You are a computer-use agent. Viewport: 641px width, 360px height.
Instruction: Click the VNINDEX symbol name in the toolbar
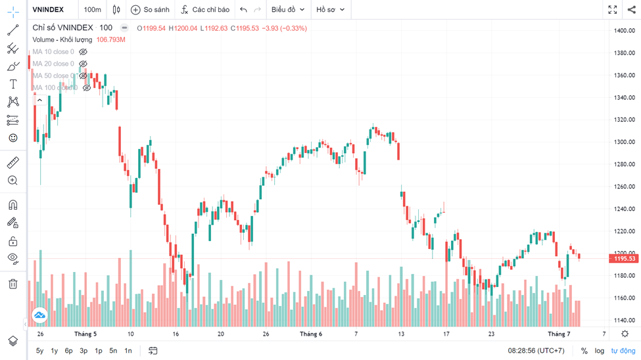[x=48, y=10]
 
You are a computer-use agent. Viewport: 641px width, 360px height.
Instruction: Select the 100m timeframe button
[x=93, y=10]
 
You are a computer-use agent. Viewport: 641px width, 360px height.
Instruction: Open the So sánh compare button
[x=150, y=10]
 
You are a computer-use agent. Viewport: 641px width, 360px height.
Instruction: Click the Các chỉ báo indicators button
[x=205, y=10]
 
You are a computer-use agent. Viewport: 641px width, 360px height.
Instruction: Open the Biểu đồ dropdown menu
[x=288, y=10]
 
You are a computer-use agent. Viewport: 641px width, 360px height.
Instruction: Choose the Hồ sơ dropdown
[x=330, y=10]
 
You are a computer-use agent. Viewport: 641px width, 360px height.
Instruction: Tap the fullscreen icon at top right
[x=612, y=10]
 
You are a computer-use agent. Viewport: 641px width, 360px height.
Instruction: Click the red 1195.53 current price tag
[x=625, y=259]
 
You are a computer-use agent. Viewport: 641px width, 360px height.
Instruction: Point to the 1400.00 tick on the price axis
[x=624, y=31]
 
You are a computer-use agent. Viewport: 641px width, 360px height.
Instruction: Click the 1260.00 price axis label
[x=624, y=187]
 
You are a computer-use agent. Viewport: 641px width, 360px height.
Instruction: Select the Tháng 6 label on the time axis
[x=311, y=334]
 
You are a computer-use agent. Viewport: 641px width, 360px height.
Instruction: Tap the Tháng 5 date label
[x=85, y=334]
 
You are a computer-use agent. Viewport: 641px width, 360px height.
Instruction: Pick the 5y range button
[x=40, y=351]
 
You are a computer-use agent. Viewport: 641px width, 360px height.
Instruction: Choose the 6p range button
[x=68, y=351]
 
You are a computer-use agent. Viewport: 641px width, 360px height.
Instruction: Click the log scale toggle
[x=600, y=351]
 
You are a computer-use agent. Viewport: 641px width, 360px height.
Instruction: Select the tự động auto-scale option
[x=623, y=351]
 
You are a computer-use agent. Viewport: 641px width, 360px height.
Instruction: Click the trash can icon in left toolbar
[x=12, y=284]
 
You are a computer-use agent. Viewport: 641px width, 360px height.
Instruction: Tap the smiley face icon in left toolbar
[x=12, y=138]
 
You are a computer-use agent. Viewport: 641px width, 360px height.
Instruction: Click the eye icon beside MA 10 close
[x=83, y=52]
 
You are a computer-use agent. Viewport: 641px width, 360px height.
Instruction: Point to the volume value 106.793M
[x=110, y=40]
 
